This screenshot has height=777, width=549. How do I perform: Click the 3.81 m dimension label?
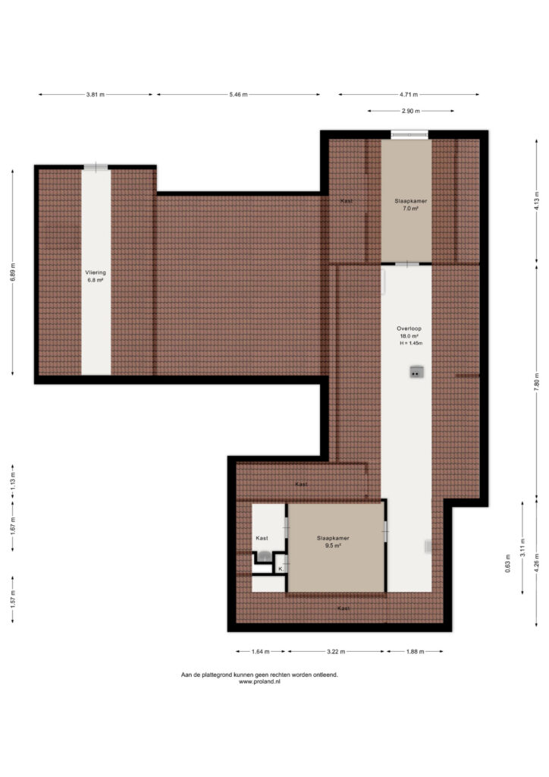pos(95,95)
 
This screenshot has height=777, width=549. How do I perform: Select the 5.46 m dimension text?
pos(238,95)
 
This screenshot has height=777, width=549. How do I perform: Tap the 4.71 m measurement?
pos(409,95)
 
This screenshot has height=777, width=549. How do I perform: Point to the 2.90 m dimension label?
pos(410,111)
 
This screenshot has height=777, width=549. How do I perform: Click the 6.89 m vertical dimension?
pos(12,272)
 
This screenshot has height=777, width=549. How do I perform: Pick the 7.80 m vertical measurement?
pos(537,382)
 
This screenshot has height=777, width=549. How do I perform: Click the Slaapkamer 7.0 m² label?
pos(410,205)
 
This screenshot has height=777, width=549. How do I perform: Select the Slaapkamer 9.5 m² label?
pos(333,541)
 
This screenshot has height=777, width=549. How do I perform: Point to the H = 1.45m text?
pos(411,343)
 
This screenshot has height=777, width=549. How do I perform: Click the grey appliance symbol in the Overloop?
pos(416,372)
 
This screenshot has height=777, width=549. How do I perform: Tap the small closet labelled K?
pos(281,569)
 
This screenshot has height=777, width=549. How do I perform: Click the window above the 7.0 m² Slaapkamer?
pos(409,134)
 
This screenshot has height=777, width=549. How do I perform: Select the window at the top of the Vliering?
pos(96,167)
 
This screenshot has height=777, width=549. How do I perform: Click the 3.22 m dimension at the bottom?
pos(336,652)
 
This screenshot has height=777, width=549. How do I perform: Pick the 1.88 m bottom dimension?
pos(415,652)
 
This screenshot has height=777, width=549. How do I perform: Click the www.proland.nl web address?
pos(259,682)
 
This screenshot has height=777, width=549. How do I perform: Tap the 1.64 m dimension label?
pos(260,652)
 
